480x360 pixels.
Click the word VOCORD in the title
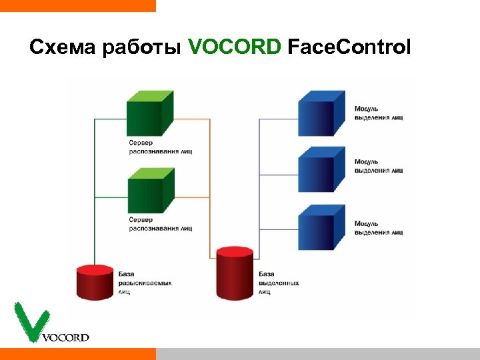pos(235,48)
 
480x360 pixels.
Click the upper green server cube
pos(149,115)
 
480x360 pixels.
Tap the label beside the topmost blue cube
pos(378,113)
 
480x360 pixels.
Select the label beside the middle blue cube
pos(378,166)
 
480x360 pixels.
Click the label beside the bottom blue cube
pos(378,228)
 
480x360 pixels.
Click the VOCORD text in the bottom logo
pos(65,337)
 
